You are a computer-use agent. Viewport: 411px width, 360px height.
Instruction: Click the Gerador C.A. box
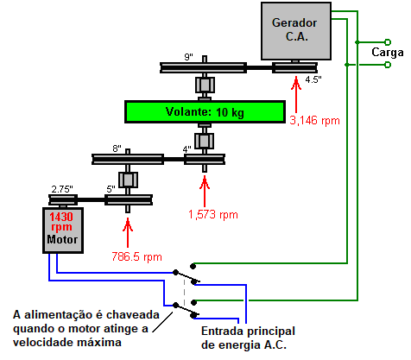coord(296,31)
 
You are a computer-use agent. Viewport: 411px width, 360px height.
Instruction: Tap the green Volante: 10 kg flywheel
coord(205,111)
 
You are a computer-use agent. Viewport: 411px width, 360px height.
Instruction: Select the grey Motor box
coord(63,231)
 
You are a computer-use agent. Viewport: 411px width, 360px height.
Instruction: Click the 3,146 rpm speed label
coord(314,120)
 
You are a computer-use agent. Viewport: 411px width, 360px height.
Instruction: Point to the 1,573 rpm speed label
coord(213,215)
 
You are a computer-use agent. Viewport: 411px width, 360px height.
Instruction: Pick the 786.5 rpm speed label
coord(136,256)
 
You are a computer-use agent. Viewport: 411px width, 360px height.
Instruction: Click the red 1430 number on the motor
coord(61,217)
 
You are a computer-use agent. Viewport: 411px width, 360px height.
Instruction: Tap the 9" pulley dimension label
coord(188,57)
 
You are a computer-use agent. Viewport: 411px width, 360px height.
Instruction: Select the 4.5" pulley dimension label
coord(313,79)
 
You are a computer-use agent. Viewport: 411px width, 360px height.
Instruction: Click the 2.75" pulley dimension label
coord(62,189)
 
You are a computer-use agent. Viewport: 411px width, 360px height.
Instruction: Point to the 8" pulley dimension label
coord(117,148)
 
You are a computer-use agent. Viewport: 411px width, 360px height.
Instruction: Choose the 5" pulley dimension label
coord(111,189)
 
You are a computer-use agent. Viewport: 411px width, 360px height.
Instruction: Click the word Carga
coord(388,53)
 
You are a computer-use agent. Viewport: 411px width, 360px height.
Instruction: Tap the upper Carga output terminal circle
coord(388,42)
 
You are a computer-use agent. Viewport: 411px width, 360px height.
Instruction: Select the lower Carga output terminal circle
coord(388,65)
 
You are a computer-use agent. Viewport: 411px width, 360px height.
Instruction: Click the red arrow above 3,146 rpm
coord(296,94)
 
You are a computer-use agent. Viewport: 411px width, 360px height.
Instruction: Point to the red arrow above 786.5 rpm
coord(128,232)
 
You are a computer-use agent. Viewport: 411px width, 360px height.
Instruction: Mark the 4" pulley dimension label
coord(187,149)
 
